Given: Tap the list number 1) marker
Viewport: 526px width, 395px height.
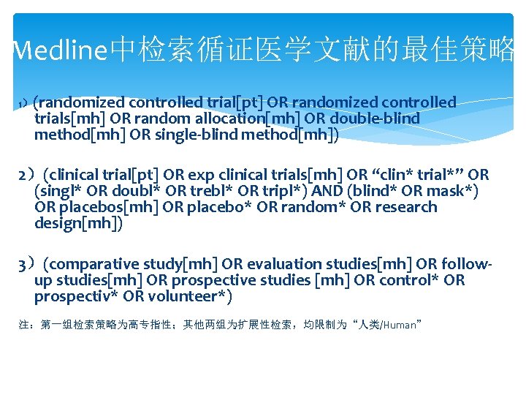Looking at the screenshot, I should pyautogui.click(x=24, y=103).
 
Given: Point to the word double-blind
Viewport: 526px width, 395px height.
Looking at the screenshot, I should pyautogui.click(x=383, y=118).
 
